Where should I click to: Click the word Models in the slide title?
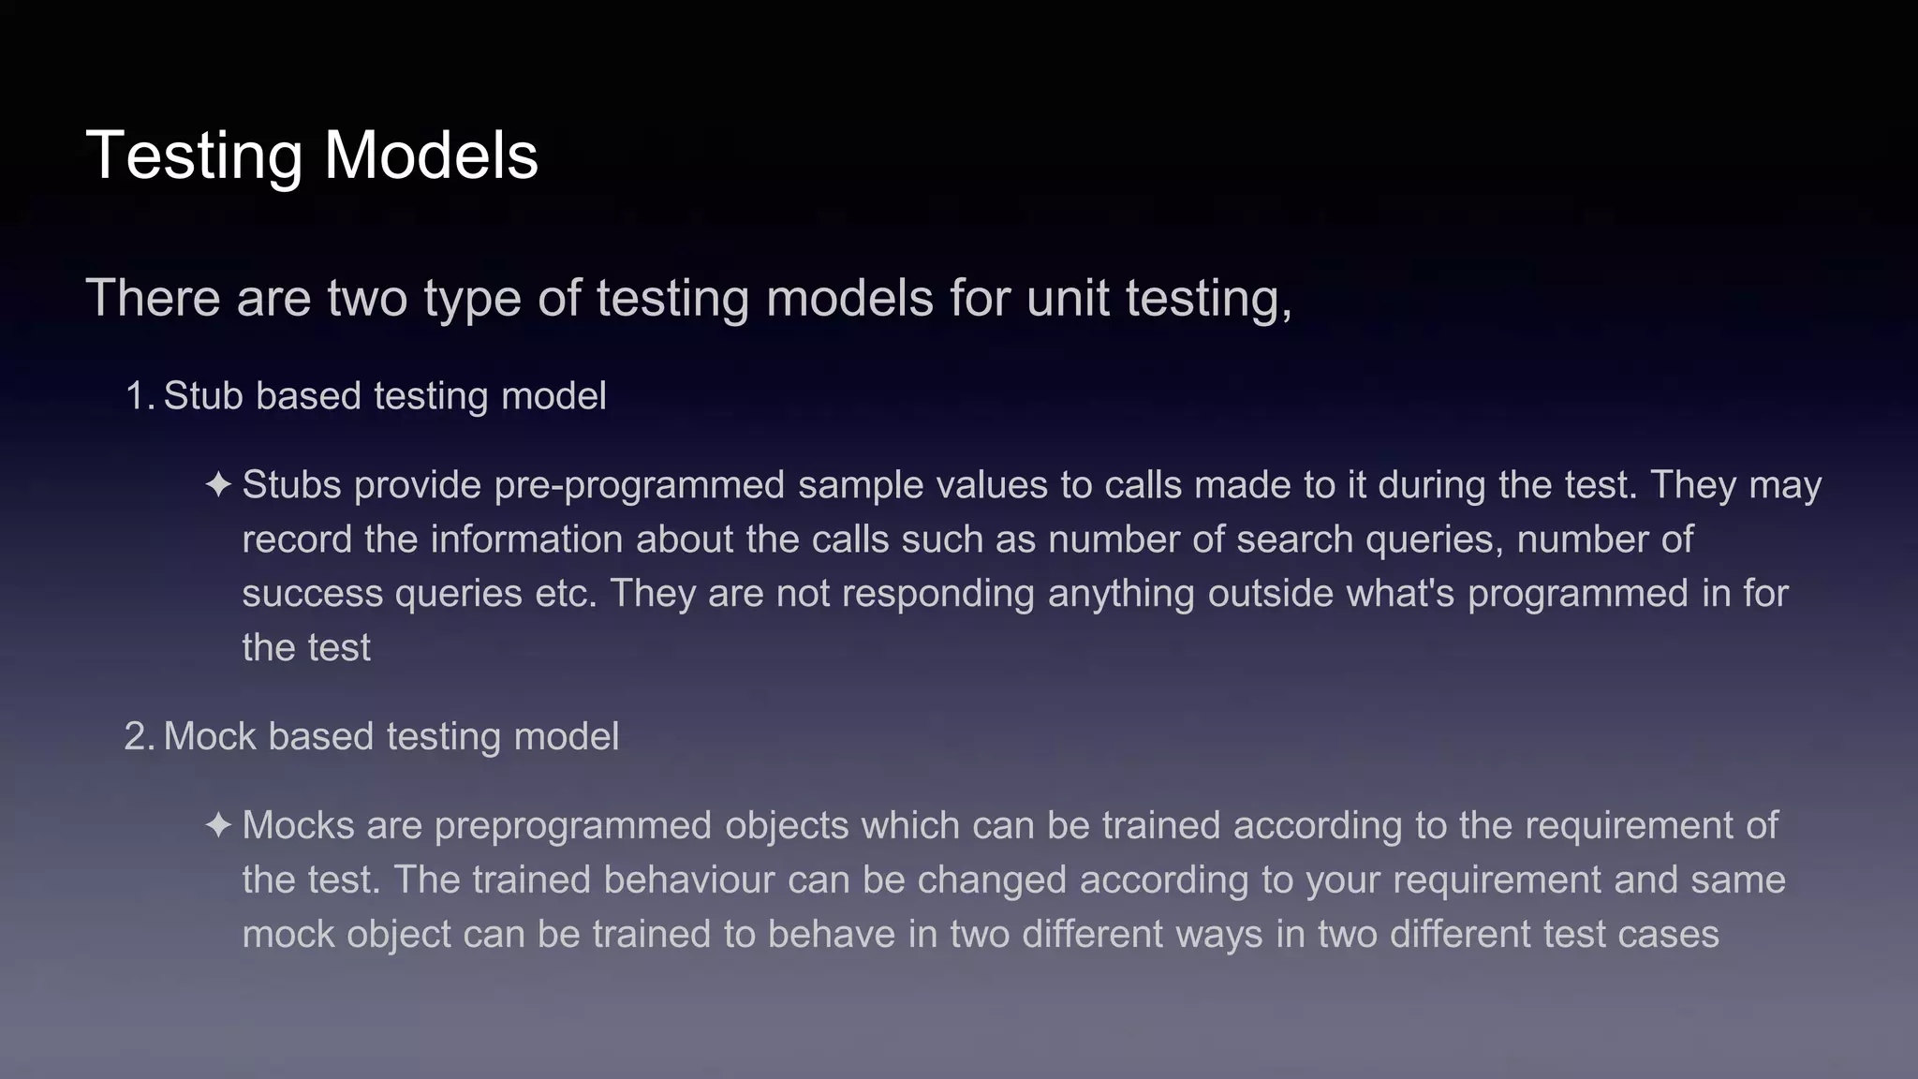pyautogui.click(x=431, y=155)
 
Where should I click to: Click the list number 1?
pyautogui.click(x=137, y=396)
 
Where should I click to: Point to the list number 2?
pyautogui.click(x=137, y=737)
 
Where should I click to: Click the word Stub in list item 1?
pyautogui.click(x=203, y=396)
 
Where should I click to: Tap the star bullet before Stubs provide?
pyautogui.click(x=218, y=485)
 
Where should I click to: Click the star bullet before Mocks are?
pyautogui.click(x=218, y=826)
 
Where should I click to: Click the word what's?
pyautogui.click(x=1400, y=594)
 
